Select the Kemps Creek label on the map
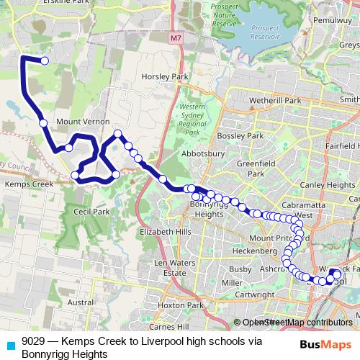click(30, 184)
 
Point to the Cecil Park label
click(91, 212)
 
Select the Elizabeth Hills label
click(166, 232)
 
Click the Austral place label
click(81, 303)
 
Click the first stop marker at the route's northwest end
click(45, 61)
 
